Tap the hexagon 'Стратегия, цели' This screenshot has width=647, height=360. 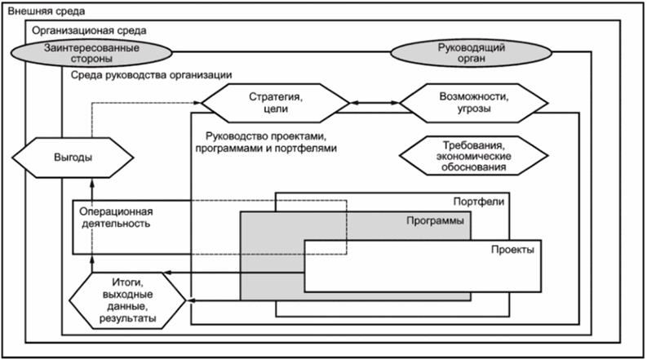275,103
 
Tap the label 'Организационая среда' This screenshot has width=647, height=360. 89,30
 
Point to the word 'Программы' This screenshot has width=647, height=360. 434,221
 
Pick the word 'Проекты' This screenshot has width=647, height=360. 512,250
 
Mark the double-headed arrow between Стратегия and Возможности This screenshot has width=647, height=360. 374,103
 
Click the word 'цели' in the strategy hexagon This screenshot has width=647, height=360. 275,109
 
